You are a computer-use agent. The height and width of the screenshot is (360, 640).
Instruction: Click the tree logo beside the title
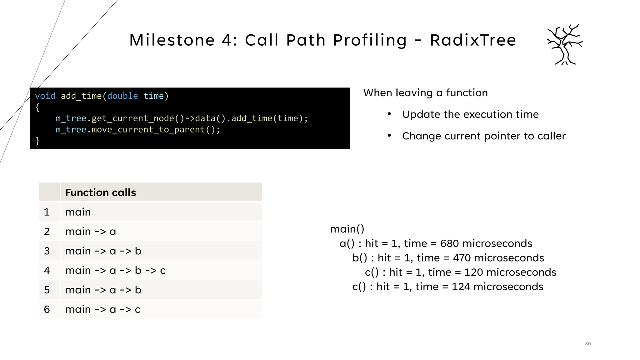click(565, 44)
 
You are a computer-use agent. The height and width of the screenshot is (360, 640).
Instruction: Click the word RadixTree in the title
click(473, 40)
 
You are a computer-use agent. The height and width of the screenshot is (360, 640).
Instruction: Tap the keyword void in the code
click(45, 96)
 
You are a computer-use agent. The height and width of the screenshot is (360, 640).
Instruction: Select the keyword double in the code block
click(122, 96)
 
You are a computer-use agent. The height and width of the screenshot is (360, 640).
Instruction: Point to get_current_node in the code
click(132, 118)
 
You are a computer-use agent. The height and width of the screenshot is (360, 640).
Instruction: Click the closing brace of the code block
click(37, 141)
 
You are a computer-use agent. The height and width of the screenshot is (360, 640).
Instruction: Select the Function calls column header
click(101, 192)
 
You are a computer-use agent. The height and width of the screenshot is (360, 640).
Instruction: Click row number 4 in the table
click(47, 270)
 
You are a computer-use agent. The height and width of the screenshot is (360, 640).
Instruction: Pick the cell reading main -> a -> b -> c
click(115, 270)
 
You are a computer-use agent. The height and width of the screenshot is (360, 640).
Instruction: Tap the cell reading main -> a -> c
click(103, 309)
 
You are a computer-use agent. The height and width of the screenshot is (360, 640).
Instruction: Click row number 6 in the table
click(47, 309)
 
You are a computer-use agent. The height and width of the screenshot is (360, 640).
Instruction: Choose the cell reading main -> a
click(91, 232)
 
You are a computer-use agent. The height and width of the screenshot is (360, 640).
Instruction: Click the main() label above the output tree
click(347, 229)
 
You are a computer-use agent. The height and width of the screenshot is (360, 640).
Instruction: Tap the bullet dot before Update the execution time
click(389, 114)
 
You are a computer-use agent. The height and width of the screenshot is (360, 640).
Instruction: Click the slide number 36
click(588, 344)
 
